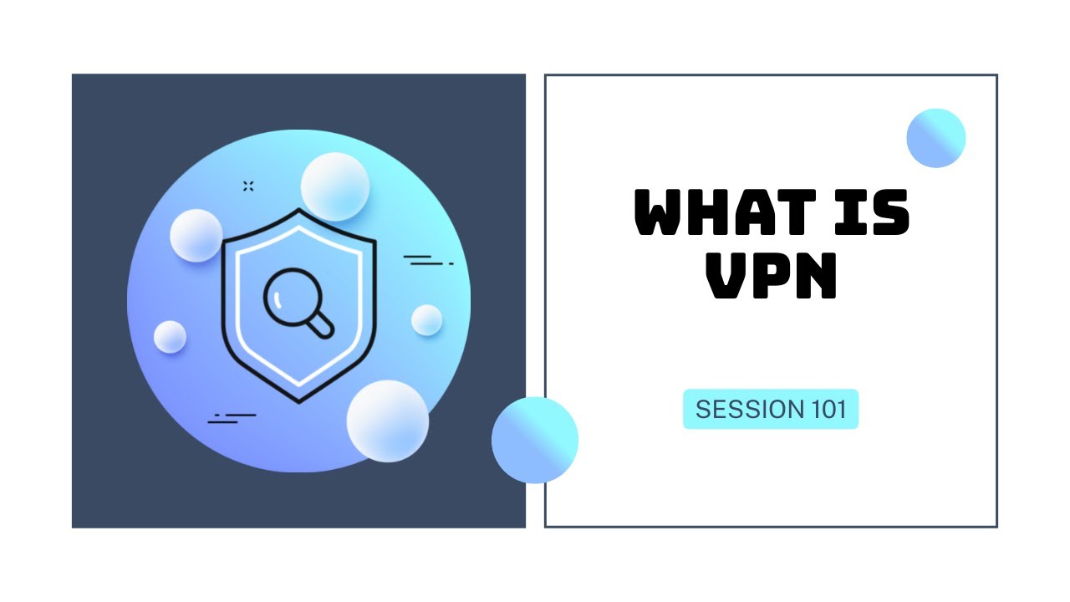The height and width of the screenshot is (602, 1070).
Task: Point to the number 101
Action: (x=828, y=410)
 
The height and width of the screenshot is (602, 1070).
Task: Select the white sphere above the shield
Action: (x=334, y=186)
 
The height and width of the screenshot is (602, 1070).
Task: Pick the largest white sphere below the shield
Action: (x=387, y=421)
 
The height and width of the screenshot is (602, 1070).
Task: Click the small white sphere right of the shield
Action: (x=426, y=319)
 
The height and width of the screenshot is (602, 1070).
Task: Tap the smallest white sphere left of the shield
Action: (x=170, y=336)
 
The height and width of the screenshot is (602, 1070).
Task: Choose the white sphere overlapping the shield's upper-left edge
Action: (x=196, y=235)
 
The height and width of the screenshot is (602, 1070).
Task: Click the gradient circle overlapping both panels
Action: (x=535, y=440)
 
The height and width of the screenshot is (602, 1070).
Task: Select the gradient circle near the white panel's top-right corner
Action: (x=936, y=138)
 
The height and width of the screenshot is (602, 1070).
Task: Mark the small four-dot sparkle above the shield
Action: (x=248, y=186)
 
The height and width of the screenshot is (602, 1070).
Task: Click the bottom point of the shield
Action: (x=298, y=401)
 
